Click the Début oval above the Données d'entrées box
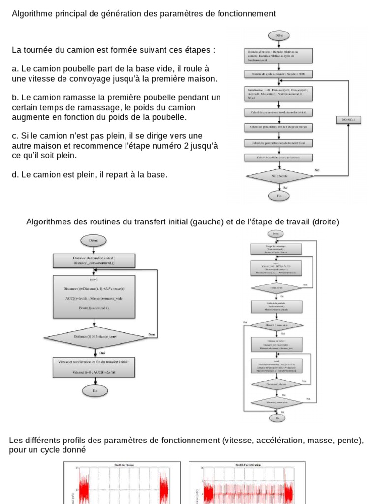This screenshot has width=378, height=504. tap(279, 36)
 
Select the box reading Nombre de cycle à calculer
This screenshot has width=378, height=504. tap(279, 74)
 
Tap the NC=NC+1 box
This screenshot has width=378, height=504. tap(348, 120)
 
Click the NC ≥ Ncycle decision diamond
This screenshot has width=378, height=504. tap(279, 176)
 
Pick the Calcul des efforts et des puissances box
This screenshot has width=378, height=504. tap(279, 157)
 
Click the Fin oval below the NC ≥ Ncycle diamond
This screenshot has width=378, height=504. tap(279, 196)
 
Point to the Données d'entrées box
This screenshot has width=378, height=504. tap(279, 56)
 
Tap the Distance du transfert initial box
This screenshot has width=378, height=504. tap(94, 261)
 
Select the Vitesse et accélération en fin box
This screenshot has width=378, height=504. tap(94, 367)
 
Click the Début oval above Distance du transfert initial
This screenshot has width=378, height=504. tap(94, 240)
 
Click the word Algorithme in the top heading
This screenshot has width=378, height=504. tap(31, 14)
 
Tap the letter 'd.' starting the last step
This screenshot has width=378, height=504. tap(15, 175)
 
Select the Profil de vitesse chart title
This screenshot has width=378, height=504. tap(122, 465)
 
